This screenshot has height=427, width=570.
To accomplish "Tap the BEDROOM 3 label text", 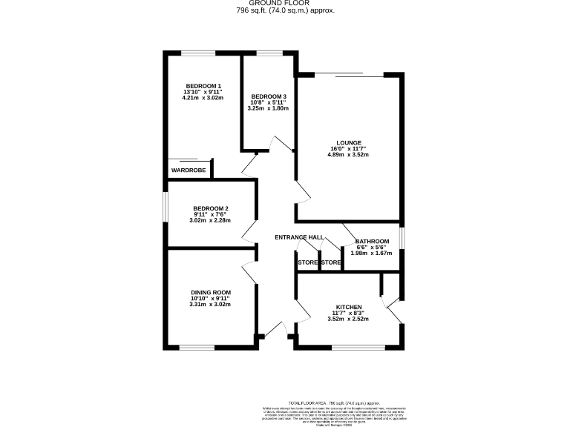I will (268, 96).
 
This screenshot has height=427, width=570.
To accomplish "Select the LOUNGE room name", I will (349, 142).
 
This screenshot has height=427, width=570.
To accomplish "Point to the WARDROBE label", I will (188, 171).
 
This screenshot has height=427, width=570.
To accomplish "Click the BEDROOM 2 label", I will (210, 208).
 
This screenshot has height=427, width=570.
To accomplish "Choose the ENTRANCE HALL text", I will (299, 237).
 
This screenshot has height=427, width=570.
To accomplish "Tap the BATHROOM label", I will (372, 242).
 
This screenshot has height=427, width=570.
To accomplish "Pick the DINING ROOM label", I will (210, 292).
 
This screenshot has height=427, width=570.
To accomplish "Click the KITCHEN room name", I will (349, 307).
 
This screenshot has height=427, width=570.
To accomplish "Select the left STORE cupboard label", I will (307, 262).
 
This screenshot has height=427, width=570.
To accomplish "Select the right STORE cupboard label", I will (331, 262).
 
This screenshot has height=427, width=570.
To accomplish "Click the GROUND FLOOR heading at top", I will (285, 4).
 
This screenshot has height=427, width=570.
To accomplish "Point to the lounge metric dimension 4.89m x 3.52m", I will (349, 155).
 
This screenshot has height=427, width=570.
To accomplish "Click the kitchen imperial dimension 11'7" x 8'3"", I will (349, 314).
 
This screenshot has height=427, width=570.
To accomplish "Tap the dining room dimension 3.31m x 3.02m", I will (210, 304).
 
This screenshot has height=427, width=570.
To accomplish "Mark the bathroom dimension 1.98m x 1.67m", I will (371, 254).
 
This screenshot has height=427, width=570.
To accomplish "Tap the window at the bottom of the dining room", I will (197, 347).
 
